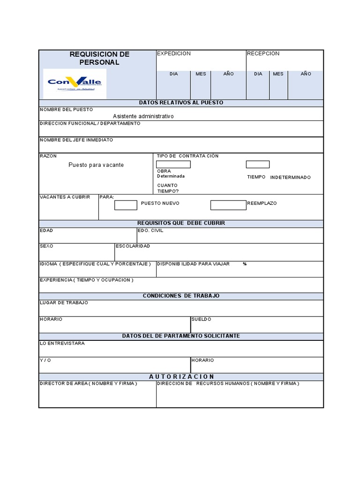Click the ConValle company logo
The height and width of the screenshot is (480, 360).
[75, 83]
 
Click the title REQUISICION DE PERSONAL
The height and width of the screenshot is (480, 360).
[99, 58]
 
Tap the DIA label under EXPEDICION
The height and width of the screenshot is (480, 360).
[173, 74]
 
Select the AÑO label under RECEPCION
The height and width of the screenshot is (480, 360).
[306, 74]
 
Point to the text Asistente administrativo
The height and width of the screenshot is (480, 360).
[143, 116]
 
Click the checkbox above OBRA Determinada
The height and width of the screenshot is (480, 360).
[173, 164]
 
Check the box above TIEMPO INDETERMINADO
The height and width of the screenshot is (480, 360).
[257, 164]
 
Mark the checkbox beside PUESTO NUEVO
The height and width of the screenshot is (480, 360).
[126, 205]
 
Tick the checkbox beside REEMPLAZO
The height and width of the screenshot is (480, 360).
[228, 205]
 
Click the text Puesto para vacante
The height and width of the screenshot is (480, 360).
[96, 165]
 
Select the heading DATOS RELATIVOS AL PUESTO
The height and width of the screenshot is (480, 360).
[181, 103]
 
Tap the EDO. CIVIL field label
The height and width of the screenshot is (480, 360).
[150, 231]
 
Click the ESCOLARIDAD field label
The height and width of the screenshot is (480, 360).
[133, 246]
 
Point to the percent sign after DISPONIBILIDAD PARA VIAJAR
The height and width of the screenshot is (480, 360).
[245, 264]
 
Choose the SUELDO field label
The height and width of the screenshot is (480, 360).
[201, 319]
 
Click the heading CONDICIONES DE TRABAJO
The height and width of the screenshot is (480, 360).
[181, 296]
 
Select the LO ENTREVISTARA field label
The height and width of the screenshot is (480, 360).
[62, 343]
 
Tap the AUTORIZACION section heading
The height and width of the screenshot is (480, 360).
[181, 376]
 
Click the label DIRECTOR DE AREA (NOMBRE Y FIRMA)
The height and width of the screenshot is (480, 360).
[88, 383]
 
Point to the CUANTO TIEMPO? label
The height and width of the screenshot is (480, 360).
[168, 188]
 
